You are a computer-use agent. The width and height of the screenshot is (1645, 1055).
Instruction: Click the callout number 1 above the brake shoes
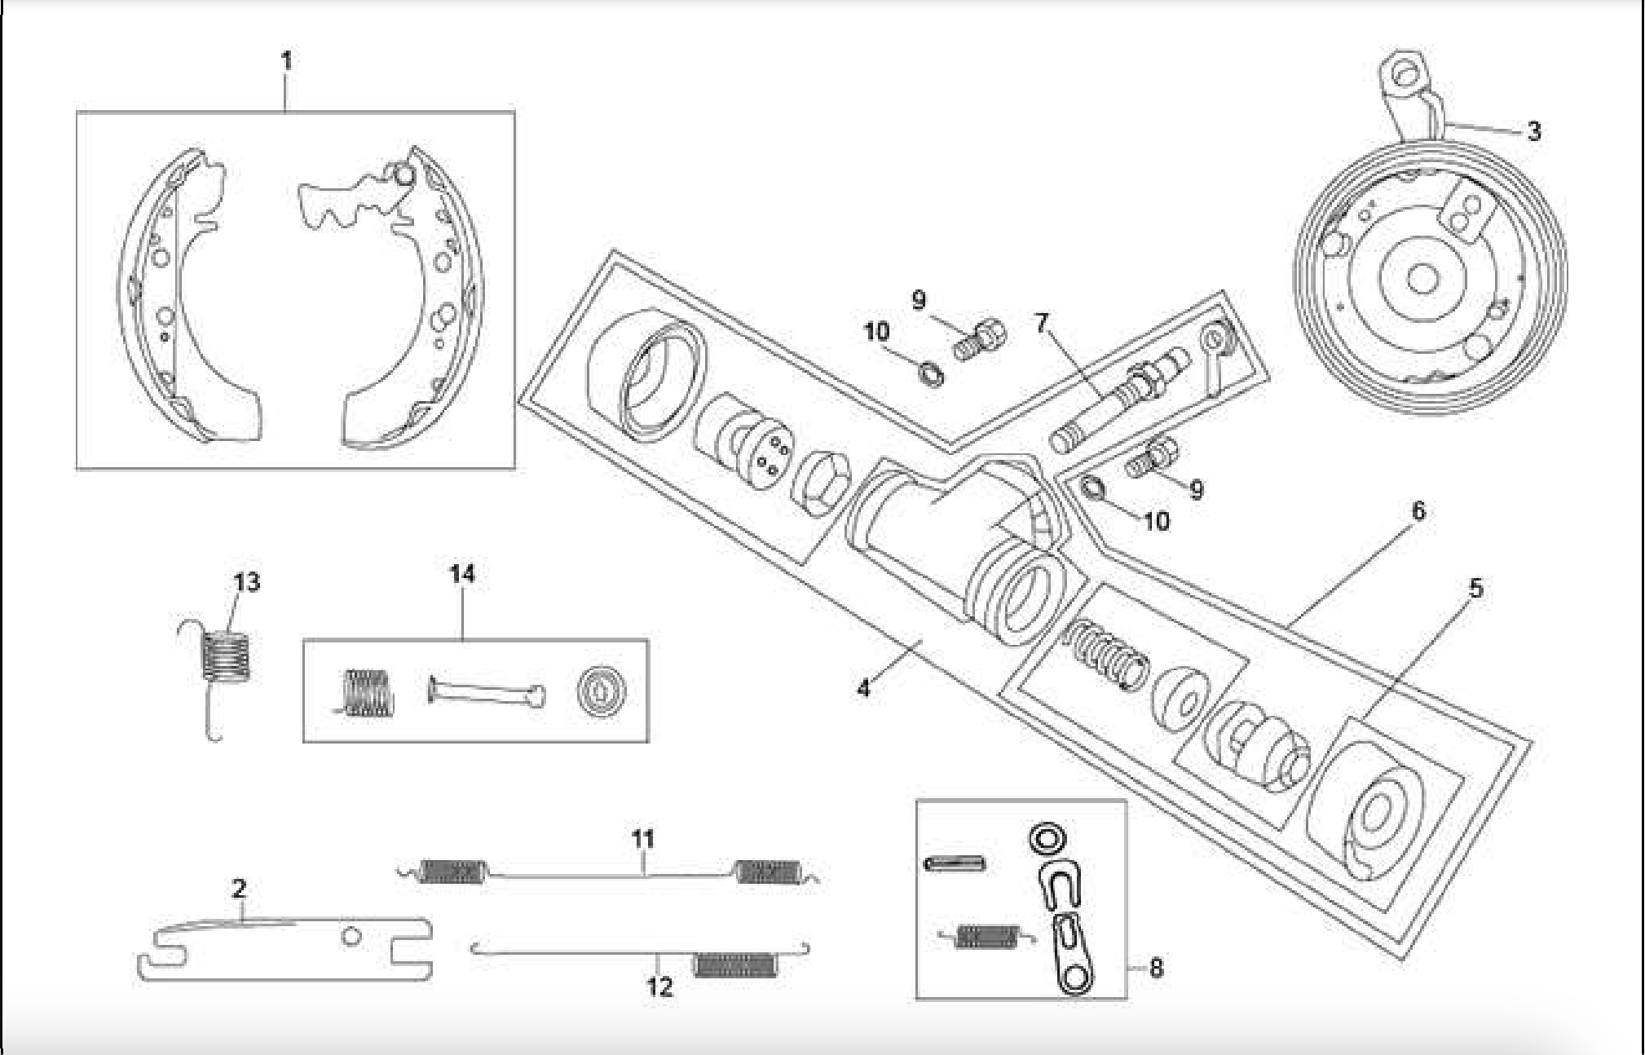click(x=286, y=61)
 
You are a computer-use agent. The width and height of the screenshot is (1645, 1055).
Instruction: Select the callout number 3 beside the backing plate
click(x=1533, y=130)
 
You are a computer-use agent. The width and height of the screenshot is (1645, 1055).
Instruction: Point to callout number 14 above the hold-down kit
click(x=462, y=574)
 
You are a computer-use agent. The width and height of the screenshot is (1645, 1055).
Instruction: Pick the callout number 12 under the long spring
click(x=659, y=987)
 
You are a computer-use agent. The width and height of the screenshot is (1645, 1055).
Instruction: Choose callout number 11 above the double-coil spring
click(x=643, y=838)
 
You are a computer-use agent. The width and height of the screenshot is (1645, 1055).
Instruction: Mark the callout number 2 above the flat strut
click(x=239, y=888)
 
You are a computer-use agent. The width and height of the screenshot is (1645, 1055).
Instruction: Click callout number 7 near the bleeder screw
click(x=1041, y=323)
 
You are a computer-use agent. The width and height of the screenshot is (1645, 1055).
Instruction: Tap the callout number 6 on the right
click(x=1418, y=511)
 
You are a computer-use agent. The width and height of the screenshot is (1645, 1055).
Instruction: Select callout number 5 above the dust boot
click(x=1476, y=589)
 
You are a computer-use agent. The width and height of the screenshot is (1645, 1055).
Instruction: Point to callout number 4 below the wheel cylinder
click(x=863, y=688)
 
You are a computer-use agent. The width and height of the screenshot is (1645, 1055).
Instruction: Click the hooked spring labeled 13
click(x=225, y=657)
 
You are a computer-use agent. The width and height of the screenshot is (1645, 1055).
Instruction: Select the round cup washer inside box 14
click(x=601, y=692)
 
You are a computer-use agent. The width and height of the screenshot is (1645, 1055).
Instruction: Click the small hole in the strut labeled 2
click(x=351, y=938)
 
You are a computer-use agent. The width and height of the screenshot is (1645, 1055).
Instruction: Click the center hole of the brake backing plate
click(x=1422, y=280)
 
